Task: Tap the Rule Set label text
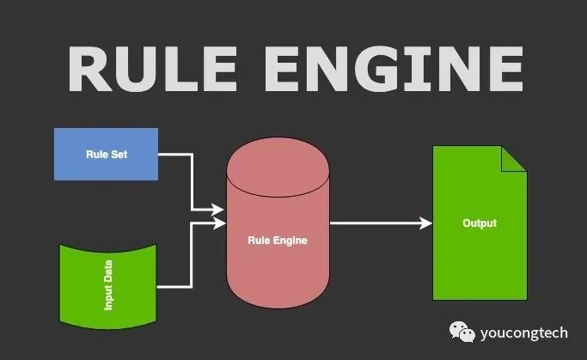point(106,155)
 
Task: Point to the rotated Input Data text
point(108,284)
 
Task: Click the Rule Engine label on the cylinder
point(277,241)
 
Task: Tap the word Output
point(480,223)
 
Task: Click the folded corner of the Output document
point(514,158)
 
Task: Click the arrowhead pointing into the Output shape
point(425,223)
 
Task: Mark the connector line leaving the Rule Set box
point(176,155)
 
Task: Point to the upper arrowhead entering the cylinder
point(218,209)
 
